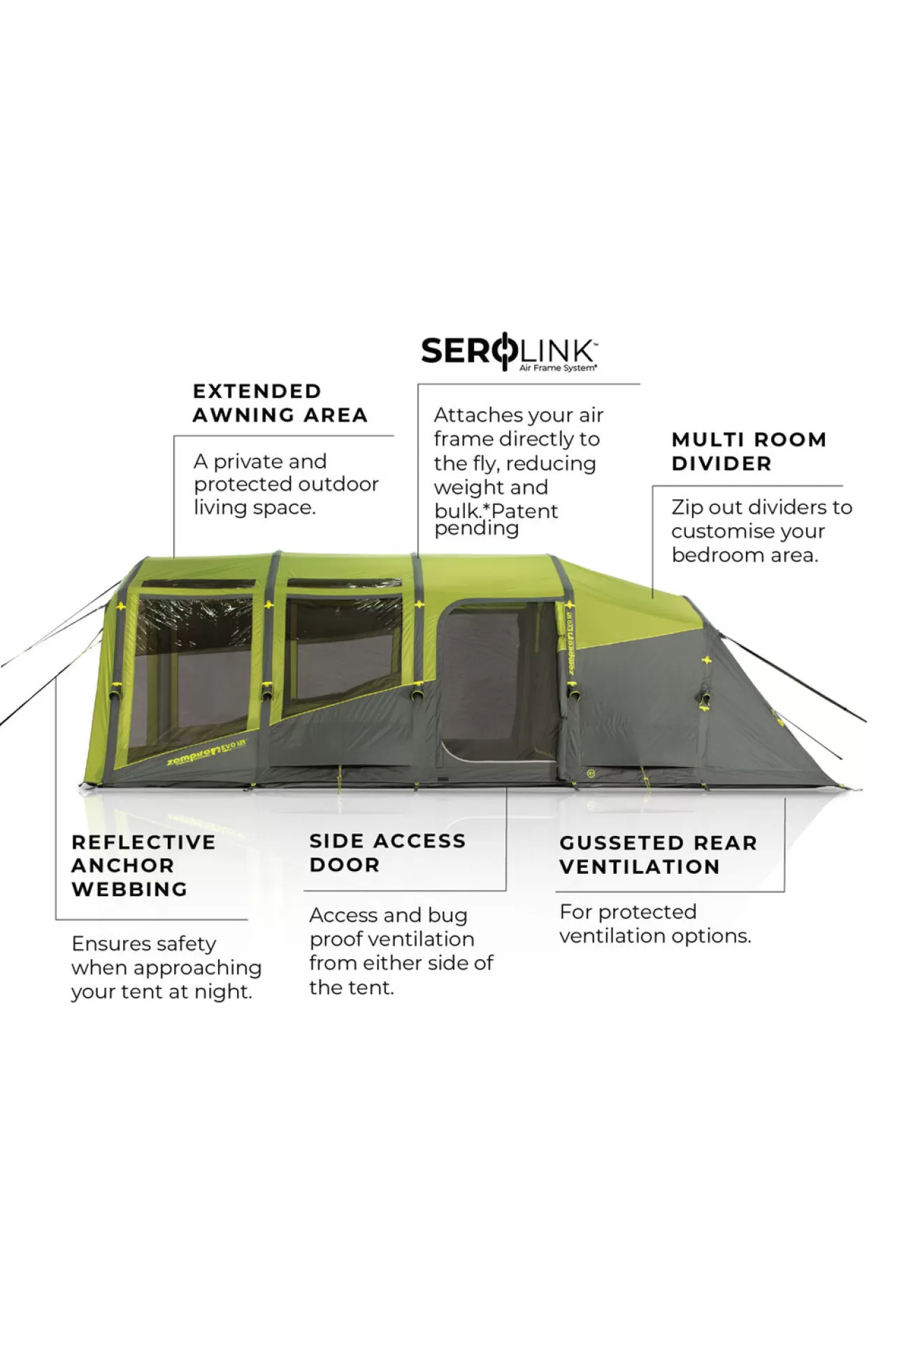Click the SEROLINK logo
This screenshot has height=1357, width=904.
509,353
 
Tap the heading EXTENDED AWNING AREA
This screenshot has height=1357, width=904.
280,403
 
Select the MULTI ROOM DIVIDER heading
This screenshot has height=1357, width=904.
749,452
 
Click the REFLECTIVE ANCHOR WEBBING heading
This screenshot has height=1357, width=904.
143,866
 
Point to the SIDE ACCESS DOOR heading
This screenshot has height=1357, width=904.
387,853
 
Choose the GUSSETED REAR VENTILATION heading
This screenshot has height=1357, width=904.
658,855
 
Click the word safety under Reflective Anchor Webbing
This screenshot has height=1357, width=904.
182,945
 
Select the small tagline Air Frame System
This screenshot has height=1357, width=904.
558,368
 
